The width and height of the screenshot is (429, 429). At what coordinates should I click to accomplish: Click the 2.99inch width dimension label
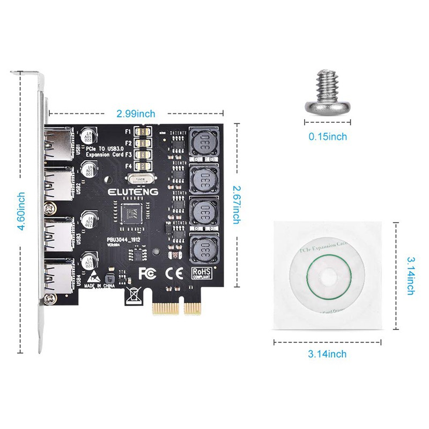point(136,113)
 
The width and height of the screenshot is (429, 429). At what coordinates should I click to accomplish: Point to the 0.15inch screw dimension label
point(328,137)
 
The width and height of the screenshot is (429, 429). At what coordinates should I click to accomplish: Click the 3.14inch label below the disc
point(327,353)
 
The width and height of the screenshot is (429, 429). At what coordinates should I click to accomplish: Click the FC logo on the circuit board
point(147,273)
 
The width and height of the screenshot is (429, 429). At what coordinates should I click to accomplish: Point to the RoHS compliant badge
point(202,273)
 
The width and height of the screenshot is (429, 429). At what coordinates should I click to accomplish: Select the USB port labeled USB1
point(59,144)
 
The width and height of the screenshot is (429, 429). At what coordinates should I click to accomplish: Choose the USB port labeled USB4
point(59,276)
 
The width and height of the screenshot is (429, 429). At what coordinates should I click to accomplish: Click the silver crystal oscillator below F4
point(144,181)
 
